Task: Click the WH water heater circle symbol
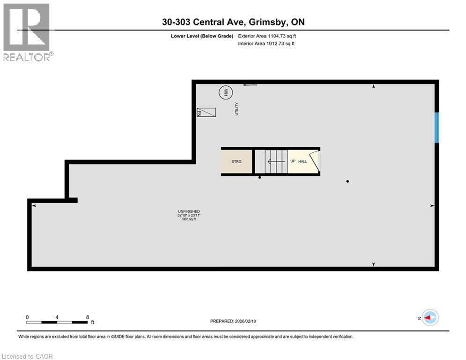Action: (x=226, y=92)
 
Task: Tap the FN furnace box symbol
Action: (x=206, y=112)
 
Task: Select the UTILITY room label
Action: (x=237, y=109)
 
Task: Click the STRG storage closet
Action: (x=237, y=161)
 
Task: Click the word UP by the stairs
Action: (x=293, y=161)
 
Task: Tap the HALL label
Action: (x=303, y=161)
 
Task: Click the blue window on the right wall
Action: (x=436, y=127)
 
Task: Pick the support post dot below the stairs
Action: (x=259, y=178)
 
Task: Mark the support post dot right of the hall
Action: (x=348, y=181)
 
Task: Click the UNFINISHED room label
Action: (x=189, y=211)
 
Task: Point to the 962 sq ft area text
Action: (x=189, y=219)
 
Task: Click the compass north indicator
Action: (x=429, y=317)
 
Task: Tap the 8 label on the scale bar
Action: (x=88, y=317)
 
